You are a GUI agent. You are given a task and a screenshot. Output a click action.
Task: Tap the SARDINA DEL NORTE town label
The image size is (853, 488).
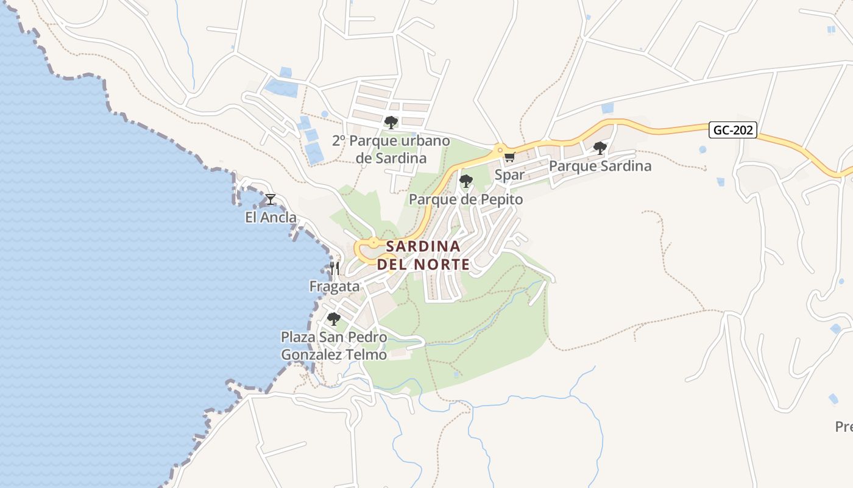coord(423,256)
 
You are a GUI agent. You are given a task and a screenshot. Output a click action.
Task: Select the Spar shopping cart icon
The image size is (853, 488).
coord(509,157)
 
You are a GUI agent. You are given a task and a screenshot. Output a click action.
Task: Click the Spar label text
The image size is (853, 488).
coord(509,175)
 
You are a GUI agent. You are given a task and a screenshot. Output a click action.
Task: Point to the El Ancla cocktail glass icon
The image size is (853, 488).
coord(271,199)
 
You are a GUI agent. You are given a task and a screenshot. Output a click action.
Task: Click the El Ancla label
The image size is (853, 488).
coord(271,217)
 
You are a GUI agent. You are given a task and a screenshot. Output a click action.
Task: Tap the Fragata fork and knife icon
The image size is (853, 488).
coord(334,268)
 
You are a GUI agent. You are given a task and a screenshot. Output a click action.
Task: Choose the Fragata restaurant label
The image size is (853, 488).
coord(334,286)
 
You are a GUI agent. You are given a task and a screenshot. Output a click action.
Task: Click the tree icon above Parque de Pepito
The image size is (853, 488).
coord(466,181)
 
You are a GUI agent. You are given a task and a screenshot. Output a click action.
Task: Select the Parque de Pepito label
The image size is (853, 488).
coord(466,199)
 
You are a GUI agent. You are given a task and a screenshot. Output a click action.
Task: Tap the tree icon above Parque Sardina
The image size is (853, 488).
coord(600,148)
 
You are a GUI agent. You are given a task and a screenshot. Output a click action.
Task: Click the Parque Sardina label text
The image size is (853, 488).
coord(600,166)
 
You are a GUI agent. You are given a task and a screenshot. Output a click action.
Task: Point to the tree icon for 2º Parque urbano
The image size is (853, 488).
coord(391,123)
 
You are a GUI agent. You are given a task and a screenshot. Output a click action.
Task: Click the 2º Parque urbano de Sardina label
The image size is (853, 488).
coord(391,149)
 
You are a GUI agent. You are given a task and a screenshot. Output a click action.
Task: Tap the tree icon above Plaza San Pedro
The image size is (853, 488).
coord(333,318)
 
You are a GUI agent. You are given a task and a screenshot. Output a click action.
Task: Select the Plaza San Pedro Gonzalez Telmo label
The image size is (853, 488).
coord(333,346)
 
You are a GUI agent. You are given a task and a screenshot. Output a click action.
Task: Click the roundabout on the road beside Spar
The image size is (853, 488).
coord(500,149)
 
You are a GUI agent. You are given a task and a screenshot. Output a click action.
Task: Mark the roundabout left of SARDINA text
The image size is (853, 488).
coord(373,243)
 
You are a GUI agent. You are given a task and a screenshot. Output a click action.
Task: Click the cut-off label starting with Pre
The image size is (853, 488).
coord(844,427)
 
